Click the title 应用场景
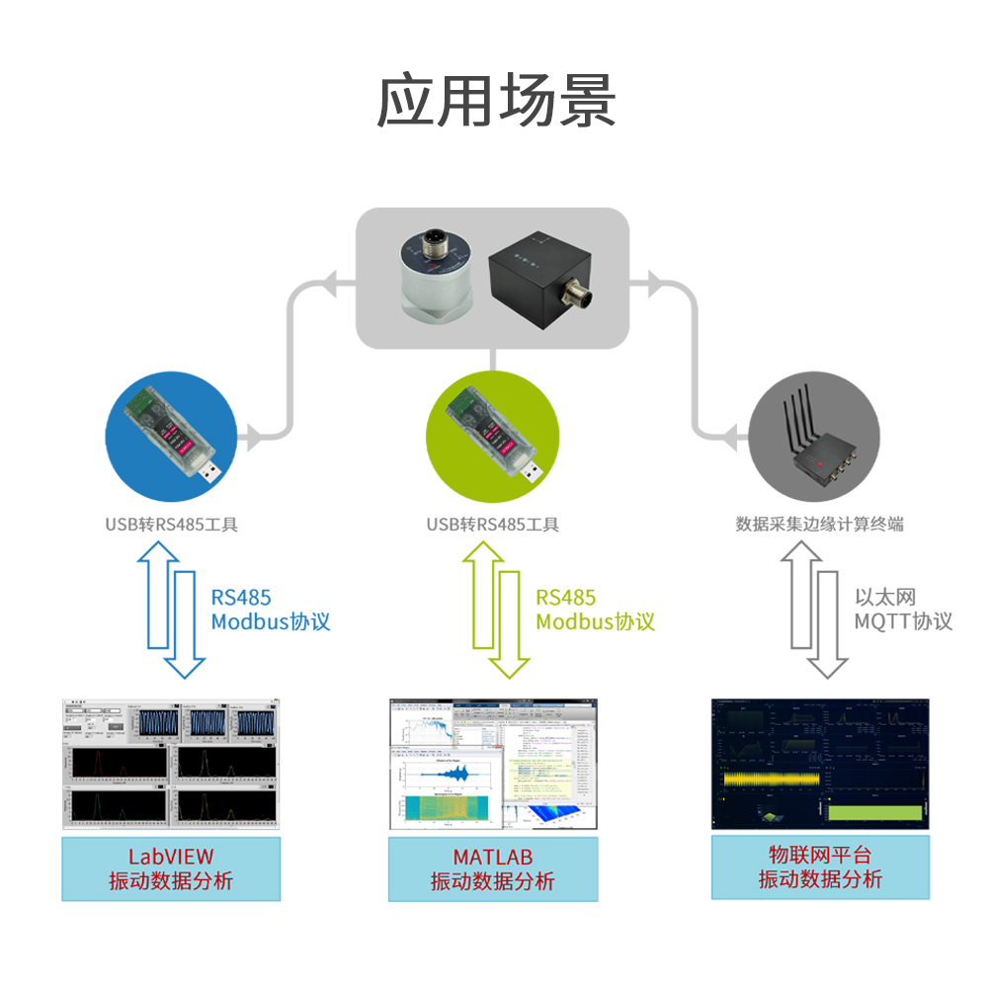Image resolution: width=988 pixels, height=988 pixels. coord(496,101)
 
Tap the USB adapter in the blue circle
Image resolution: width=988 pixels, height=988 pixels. coord(170,435)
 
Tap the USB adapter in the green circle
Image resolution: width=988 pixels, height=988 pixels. coord(490,435)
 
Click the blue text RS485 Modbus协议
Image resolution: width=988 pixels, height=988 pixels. coord(270,610)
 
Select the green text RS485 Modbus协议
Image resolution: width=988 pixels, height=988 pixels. coord(595,610)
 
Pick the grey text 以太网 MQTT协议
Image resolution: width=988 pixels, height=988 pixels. coord(903,610)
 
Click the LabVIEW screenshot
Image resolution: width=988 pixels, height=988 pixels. coord(171,763)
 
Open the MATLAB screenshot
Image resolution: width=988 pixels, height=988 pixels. coord(492,763)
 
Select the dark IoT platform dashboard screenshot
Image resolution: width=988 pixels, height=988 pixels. coord(820,763)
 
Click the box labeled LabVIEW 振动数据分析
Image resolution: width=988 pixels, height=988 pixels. coord(171,868)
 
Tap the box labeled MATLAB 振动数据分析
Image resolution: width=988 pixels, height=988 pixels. coord(492,868)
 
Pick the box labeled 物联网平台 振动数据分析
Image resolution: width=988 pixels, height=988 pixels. coord(820,866)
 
